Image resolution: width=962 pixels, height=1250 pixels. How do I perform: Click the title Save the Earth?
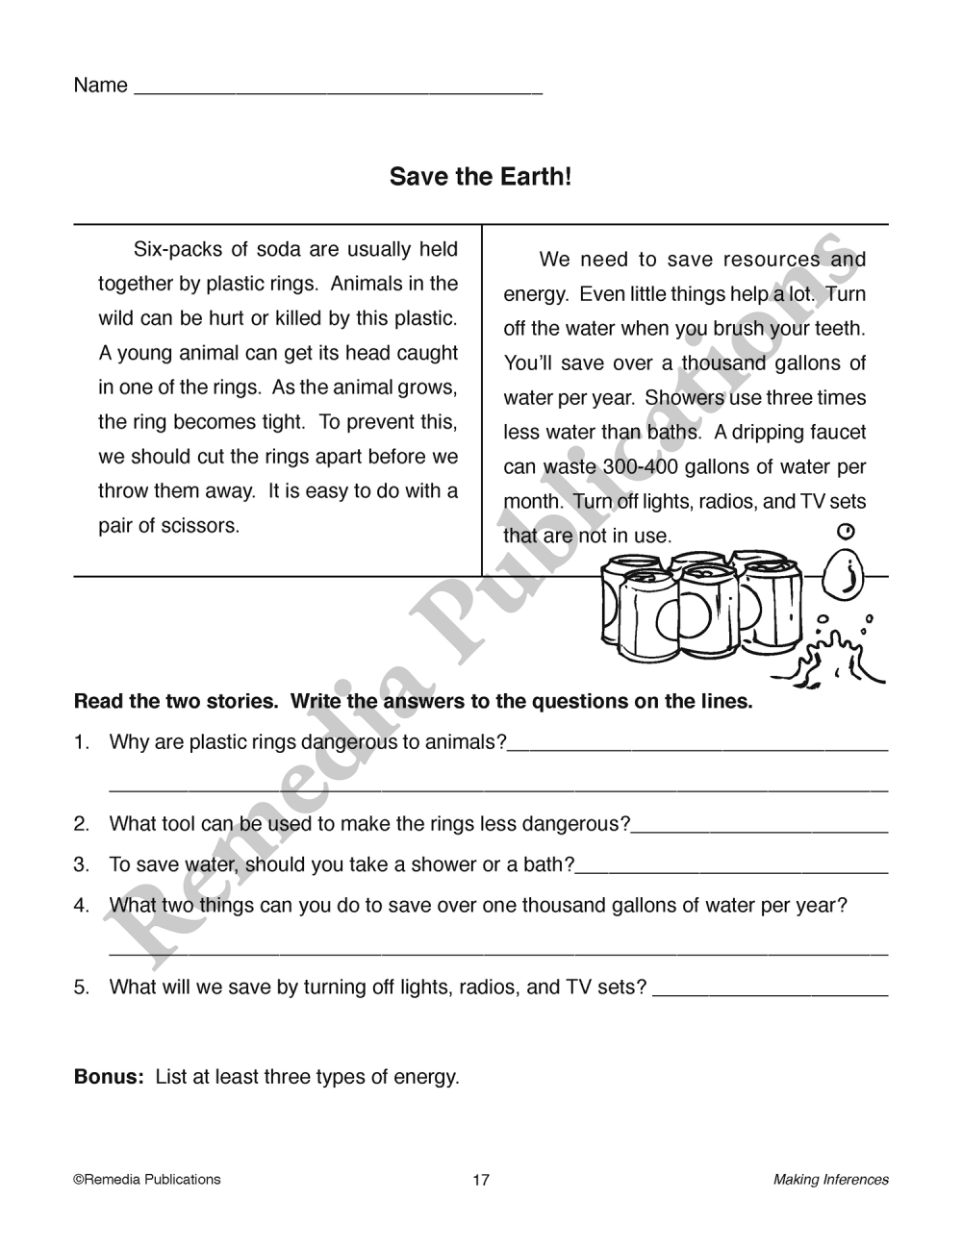[480, 177]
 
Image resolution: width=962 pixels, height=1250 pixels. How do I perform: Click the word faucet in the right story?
[835, 433]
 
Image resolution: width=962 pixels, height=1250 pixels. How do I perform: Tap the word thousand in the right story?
[724, 363]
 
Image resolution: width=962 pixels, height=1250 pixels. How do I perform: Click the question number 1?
[82, 742]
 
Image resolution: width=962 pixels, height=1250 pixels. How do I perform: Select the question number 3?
[82, 864]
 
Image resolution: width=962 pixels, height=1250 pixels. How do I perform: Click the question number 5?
[82, 987]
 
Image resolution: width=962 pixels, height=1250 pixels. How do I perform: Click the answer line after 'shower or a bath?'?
[731, 870]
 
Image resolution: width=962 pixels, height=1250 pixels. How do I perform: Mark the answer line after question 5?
[770, 992]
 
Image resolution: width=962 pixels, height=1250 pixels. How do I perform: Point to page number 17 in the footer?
[481, 1180]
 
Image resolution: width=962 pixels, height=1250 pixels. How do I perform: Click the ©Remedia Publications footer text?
[146, 1179]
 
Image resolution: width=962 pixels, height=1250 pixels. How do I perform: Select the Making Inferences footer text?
[831, 1180]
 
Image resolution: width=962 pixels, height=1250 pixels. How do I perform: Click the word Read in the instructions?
[99, 701]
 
